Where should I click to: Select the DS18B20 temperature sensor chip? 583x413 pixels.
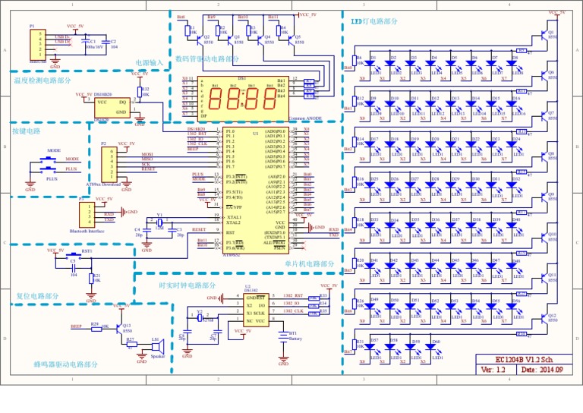pyautogui.click(x=111, y=106)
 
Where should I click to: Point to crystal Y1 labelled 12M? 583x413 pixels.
pyautogui.click(x=159, y=222)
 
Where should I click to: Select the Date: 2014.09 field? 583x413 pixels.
pyautogui.click(x=544, y=370)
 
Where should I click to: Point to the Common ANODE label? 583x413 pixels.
pyautogui.click(x=307, y=119)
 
